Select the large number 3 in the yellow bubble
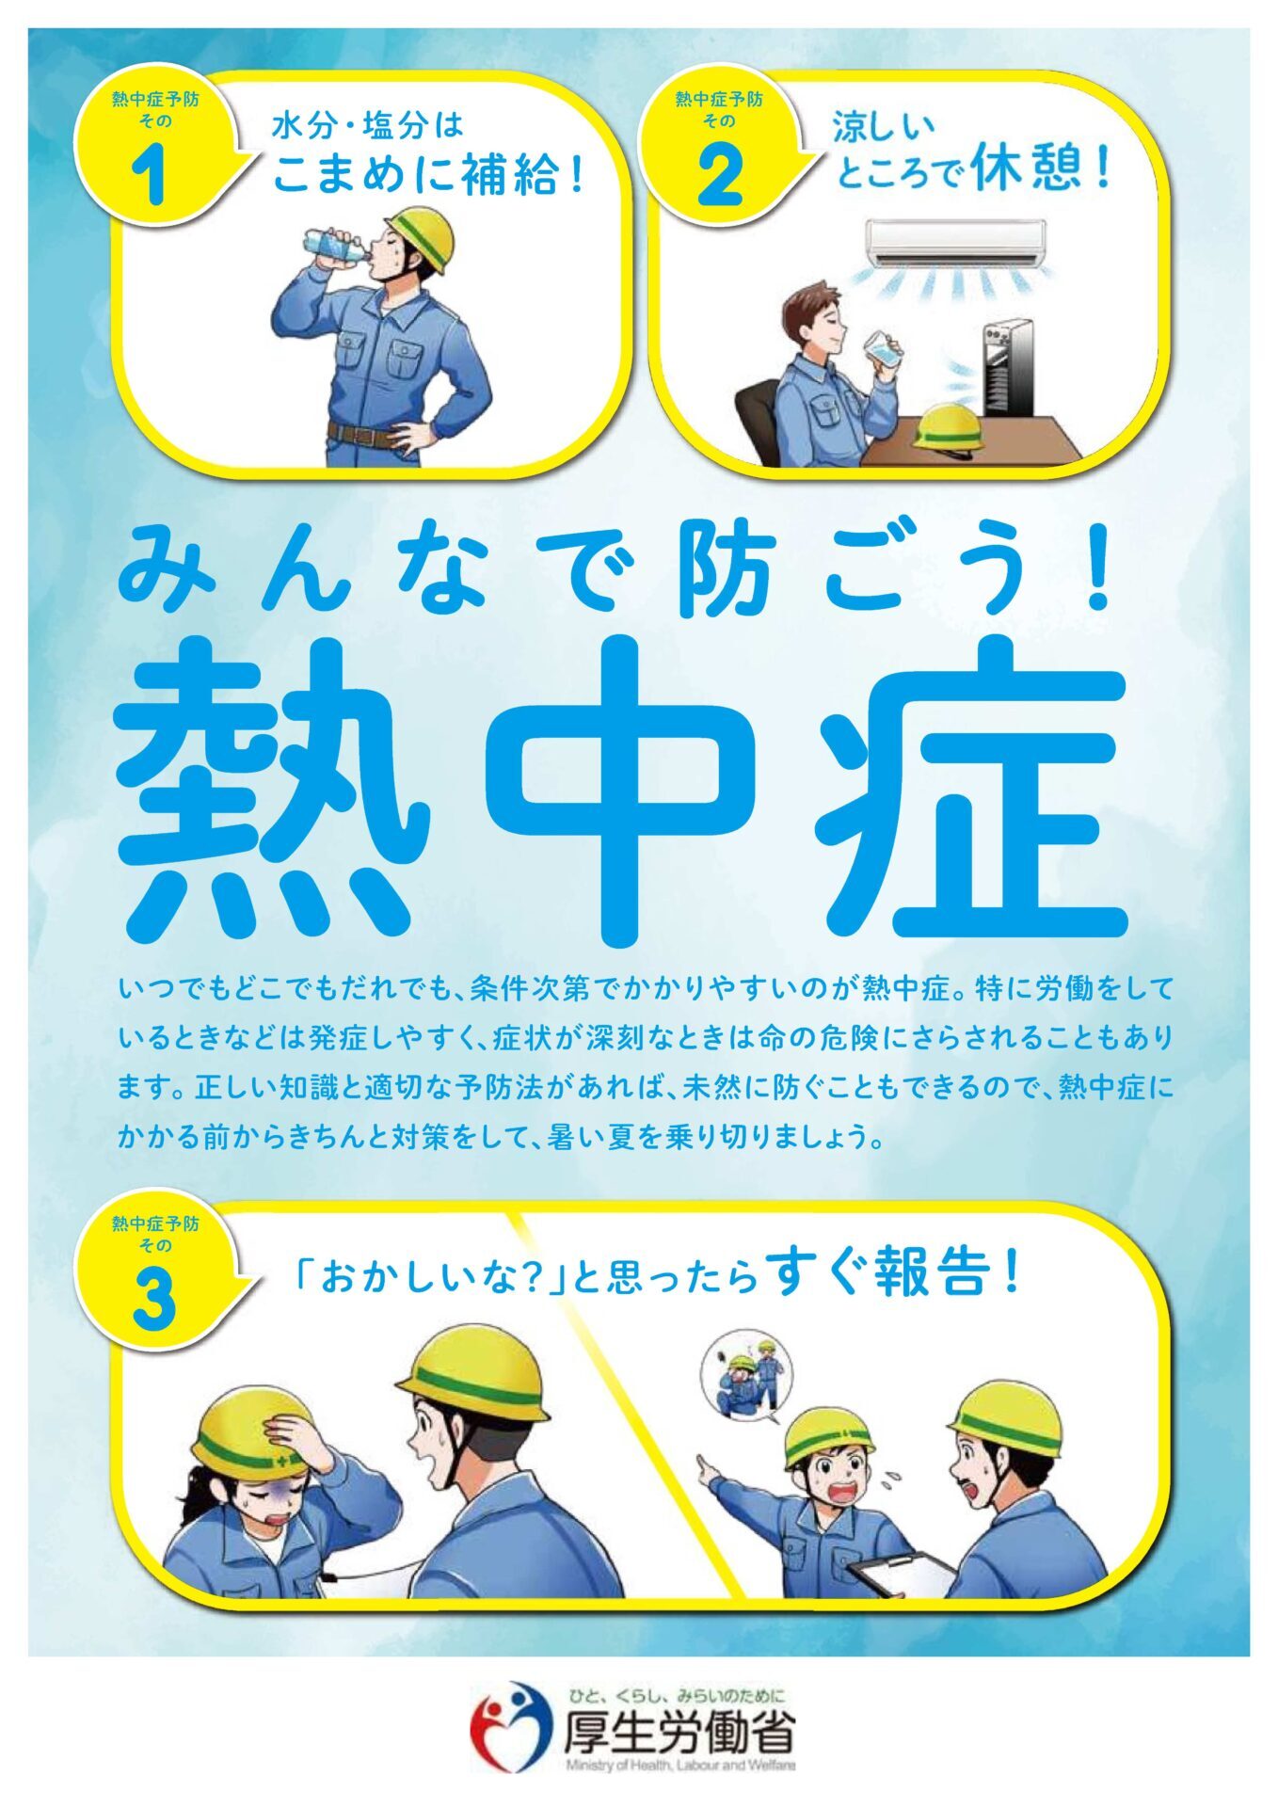[x=154, y=1300]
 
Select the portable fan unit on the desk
[x=1006, y=369]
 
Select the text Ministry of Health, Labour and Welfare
[x=680, y=1766]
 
